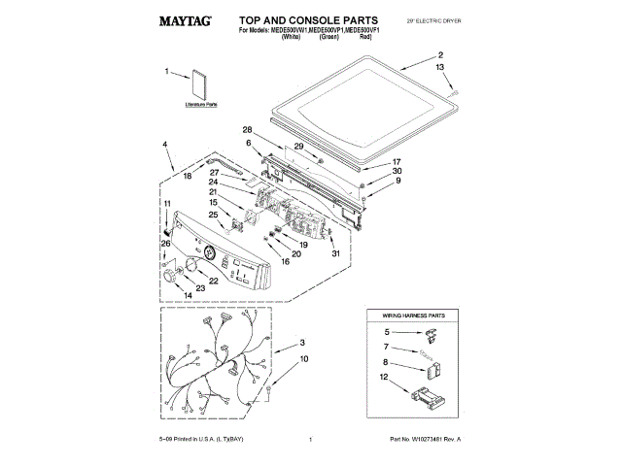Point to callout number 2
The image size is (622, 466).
click(440, 55)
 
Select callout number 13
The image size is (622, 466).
click(440, 67)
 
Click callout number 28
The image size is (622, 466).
click(247, 130)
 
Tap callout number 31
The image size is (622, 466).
click(334, 254)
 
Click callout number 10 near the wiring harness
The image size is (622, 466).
click(303, 359)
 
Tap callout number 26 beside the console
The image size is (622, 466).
click(165, 244)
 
